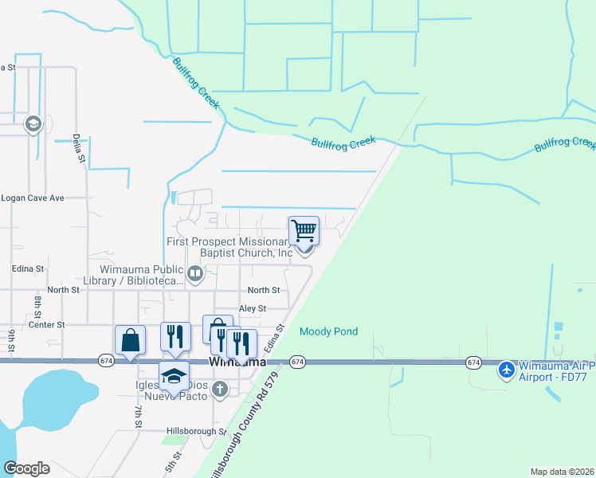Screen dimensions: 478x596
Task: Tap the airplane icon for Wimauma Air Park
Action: coord(506,370)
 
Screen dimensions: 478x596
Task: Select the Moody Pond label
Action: coord(328,331)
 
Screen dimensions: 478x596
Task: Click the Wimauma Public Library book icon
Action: coord(196,276)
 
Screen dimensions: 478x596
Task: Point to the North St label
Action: coord(263,291)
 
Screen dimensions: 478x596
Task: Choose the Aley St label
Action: coord(252,308)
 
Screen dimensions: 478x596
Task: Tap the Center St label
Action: coord(46,325)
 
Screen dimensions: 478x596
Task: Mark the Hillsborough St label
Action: coord(196,431)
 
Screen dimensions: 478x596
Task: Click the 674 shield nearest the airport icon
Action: coord(473,362)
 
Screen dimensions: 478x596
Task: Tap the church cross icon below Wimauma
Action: coord(221,390)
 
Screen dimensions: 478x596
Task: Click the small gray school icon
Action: coord(33,123)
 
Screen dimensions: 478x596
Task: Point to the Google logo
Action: coord(26,468)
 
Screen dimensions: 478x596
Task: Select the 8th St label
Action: coord(37,308)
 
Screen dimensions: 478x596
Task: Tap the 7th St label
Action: coord(138,416)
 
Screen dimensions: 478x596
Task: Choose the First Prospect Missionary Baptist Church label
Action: coord(230,247)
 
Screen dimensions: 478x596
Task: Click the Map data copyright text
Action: coord(562,472)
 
